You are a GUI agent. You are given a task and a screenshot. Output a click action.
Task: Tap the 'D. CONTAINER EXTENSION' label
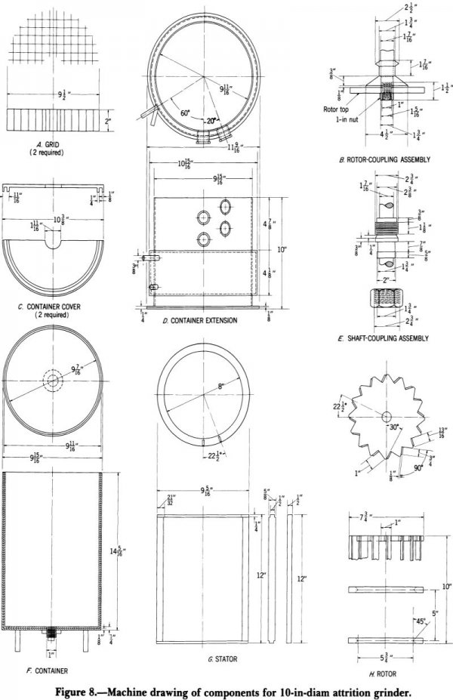[x=200, y=320]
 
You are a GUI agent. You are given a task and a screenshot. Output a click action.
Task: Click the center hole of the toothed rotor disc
[x=385, y=417]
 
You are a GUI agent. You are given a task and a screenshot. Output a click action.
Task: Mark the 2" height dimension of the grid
[x=107, y=119]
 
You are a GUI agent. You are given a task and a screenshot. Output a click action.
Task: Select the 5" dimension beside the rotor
[x=434, y=613]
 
